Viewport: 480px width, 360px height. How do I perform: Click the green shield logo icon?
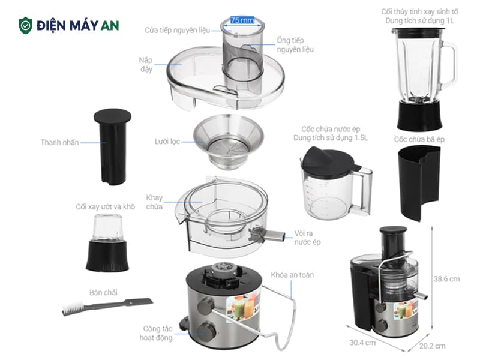pos(26,26)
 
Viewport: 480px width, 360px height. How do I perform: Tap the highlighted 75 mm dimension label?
pos(242,20)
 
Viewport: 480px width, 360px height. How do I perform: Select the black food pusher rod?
pos(112,147)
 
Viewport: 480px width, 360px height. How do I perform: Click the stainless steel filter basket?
pos(228,142)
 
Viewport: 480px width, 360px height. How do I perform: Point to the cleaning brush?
pos(107,306)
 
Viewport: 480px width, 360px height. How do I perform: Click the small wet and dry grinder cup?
pos(107,243)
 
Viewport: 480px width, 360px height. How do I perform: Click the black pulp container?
pos(419,183)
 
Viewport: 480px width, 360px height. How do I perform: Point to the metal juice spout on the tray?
pos(267,235)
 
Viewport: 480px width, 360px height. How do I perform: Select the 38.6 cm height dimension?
pos(446,279)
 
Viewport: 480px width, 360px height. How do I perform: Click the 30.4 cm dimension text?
pos(362,342)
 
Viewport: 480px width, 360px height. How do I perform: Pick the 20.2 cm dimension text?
pos(432,346)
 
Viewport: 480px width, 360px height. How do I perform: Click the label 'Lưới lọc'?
pos(167,142)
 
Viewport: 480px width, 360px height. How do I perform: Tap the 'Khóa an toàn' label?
pos(292,275)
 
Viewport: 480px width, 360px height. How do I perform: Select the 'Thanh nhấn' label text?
pos(59,142)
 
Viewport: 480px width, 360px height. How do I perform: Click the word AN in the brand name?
pos(110,26)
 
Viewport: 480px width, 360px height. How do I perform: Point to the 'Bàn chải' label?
pos(103,292)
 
